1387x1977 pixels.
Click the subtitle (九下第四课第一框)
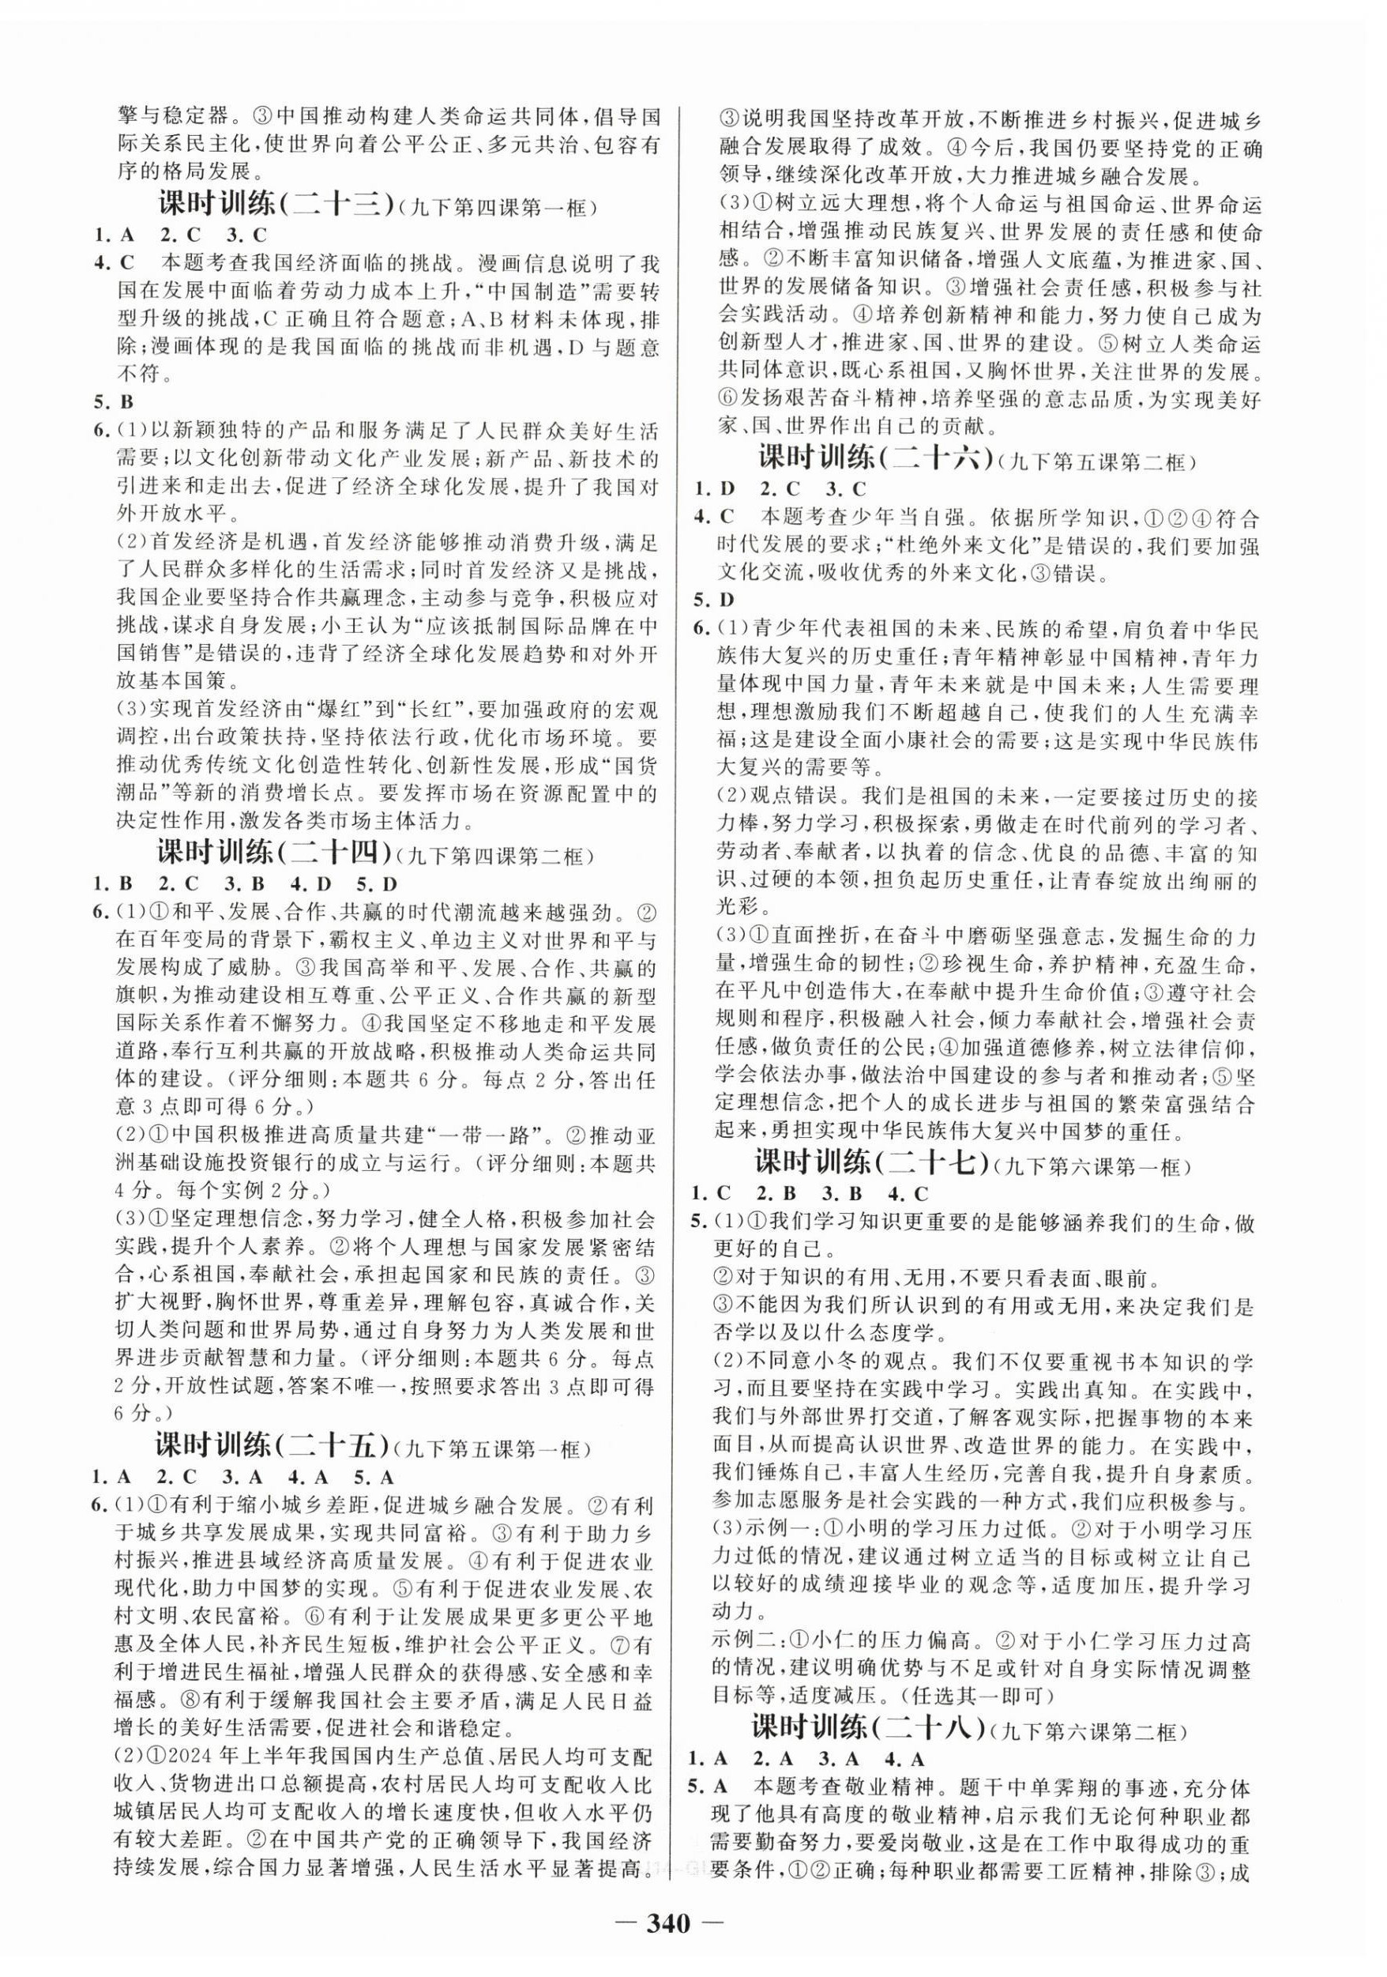(x=501, y=209)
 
